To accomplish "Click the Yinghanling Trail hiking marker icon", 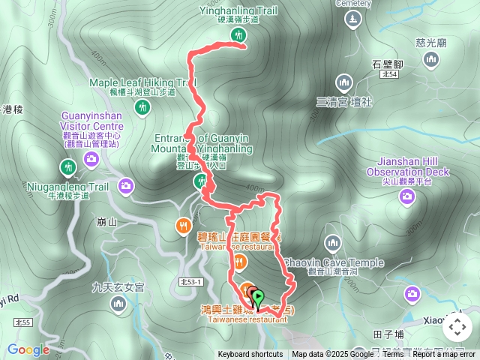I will pos(239,36).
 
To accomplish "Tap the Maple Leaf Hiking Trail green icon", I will pos(142,108).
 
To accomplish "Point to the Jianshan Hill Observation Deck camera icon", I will pos(408,197).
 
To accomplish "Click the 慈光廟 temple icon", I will pos(431,60).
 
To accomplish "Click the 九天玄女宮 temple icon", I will pos(118,303).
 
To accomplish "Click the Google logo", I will pos(28,349).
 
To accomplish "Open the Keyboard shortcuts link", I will pos(250,355).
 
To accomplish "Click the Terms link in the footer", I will pos(392,355).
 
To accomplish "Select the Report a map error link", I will pos(444,355).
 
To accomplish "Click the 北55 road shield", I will pos(23,322).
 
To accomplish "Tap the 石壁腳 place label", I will pos(388,64).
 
